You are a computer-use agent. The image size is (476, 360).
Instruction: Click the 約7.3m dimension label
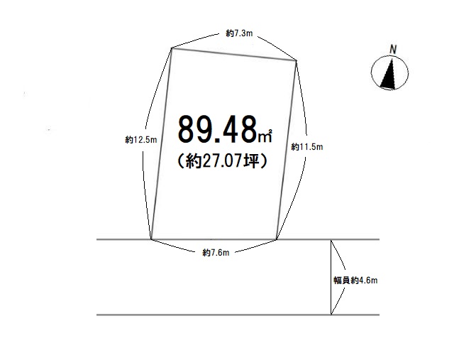tap(239, 33)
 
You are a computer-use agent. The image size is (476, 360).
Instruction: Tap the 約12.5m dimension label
tap(141, 140)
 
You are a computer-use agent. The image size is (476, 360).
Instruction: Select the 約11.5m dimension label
tap(307, 147)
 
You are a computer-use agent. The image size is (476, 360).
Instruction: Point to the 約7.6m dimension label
tap(216, 253)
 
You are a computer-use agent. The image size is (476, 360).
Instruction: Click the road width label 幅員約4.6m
tap(355, 280)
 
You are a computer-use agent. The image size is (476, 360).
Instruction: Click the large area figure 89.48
tap(217, 129)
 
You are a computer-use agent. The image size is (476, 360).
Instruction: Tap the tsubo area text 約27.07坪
tap(222, 161)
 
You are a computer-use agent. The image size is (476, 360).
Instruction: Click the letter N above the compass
tap(393, 50)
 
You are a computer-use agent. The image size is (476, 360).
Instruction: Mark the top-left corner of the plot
tap(172, 48)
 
